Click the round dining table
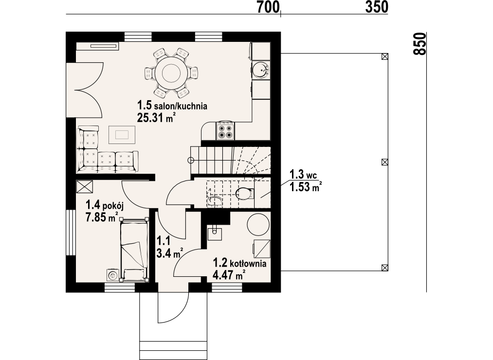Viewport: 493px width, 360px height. [171, 73]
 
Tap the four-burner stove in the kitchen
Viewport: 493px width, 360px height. [225, 131]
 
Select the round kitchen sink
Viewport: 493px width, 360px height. [260, 70]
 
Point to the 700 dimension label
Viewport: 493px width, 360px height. [268, 7]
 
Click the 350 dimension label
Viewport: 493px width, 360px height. [377, 7]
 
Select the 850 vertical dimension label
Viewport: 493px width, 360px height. [420, 44]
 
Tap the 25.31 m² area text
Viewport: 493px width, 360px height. [156, 118]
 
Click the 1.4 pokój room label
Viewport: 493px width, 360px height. [105, 206]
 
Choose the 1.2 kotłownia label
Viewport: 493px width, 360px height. [239, 263]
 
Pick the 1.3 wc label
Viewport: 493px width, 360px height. [303, 174]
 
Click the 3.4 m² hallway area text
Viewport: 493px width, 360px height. [170, 253]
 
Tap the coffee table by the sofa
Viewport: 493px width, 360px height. [122, 135]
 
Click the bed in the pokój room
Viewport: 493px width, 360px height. [134, 249]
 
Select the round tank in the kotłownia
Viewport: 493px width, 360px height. [258, 224]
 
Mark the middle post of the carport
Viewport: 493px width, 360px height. [384, 162]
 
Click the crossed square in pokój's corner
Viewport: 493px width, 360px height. [85, 186]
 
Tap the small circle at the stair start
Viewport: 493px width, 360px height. [191, 161]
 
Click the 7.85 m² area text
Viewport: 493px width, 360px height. [102, 217]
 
